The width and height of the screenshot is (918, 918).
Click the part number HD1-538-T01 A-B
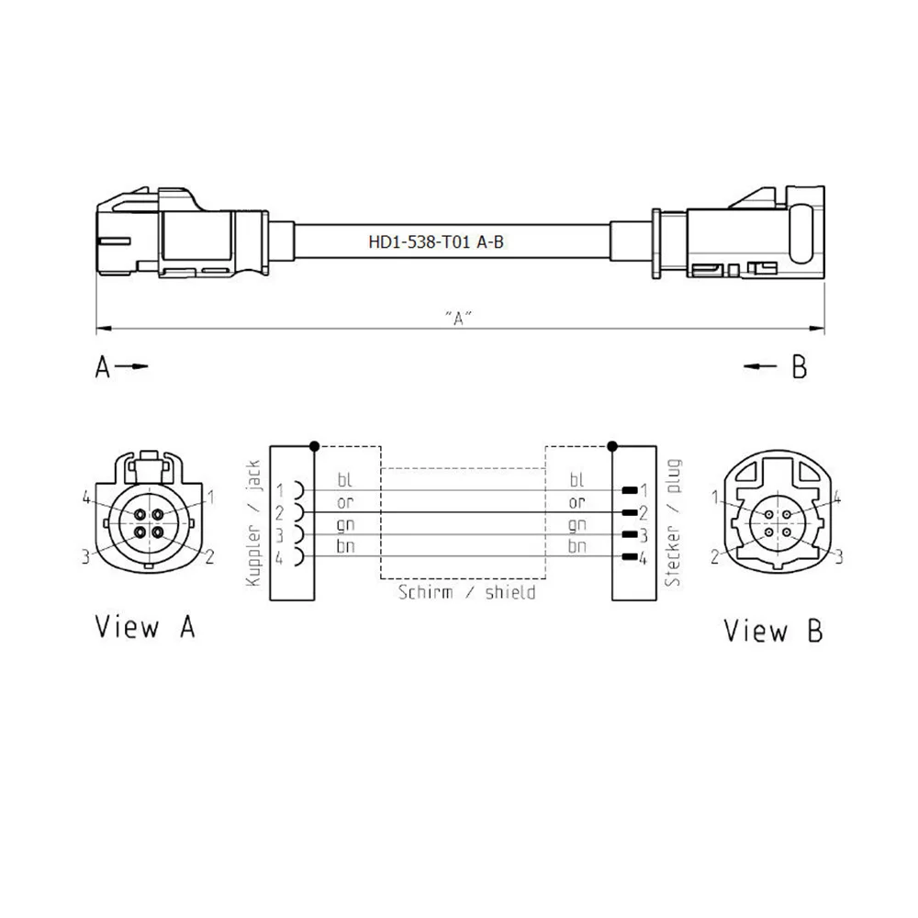pos(436,243)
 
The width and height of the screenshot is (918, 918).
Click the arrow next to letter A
pos(134,367)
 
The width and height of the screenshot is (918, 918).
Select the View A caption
pos(145,628)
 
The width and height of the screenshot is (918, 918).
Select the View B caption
pos(773,631)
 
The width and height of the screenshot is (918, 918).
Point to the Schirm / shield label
pos(466,592)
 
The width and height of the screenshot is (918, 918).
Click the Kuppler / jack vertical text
pos(255,523)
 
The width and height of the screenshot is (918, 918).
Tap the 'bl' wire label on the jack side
pos(344,479)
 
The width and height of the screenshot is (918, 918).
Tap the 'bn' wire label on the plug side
pos(577,546)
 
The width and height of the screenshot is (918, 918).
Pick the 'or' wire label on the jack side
pos(345,502)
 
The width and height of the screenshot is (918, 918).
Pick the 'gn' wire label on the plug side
pos(577,524)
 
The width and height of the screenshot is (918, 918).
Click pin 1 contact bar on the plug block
pos(630,490)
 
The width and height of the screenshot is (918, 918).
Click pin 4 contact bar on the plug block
pos(630,557)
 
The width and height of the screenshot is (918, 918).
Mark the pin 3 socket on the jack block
pos(297,534)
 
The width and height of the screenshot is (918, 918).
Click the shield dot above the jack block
pos(315,446)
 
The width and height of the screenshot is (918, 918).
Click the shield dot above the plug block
pos(611,446)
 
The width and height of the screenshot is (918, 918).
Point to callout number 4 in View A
pos(85,498)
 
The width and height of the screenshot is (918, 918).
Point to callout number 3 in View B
pos(838,554)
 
